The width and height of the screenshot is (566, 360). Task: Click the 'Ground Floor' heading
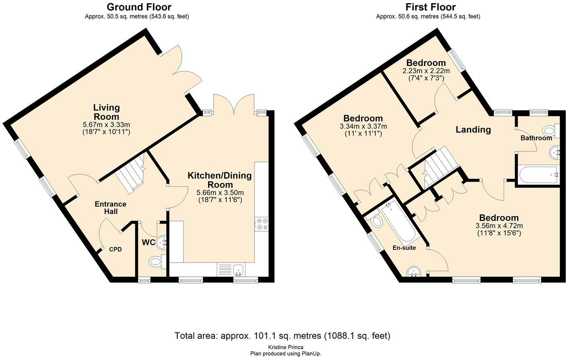pos(139,7)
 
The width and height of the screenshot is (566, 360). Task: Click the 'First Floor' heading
pos(430,7)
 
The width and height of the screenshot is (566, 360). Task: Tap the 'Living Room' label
pos(107,112)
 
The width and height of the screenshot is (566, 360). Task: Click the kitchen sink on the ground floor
pos(238,269)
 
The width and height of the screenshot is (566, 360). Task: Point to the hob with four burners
pos(261,224)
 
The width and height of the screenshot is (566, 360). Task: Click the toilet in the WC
pos(156,262)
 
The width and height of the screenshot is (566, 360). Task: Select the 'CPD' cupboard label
pos(115,249)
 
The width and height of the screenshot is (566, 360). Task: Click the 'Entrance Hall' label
pos(111,207)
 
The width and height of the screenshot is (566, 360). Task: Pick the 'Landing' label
pos(473,129)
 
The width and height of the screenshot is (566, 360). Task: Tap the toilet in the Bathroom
pos(549,131)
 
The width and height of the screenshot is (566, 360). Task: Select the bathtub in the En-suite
pos(396,223)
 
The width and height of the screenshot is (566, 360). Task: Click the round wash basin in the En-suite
pos(414,272)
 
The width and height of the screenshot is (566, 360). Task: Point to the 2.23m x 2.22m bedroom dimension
pos(426,71)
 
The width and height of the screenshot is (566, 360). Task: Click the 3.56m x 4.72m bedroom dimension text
pos(499,226)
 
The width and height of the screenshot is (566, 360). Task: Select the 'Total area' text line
pos(282,335)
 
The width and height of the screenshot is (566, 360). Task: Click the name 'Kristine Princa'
pos(285,347)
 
